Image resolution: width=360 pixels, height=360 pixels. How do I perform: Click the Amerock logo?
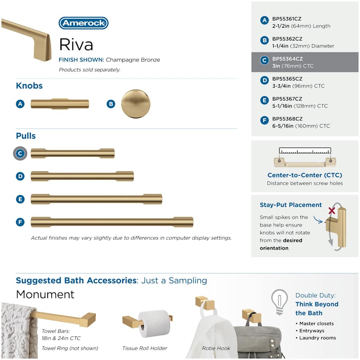[84, 23]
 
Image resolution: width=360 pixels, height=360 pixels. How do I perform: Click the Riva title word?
[76, 44]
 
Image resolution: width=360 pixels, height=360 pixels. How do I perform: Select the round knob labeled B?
[136, 104]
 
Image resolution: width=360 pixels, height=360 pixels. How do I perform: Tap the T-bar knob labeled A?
[60, 104]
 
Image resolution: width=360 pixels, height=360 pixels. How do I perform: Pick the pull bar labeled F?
[112, 222]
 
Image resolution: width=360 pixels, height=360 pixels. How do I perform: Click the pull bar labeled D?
[82, 176]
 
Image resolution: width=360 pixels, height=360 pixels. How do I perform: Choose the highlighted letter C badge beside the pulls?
[20, 153]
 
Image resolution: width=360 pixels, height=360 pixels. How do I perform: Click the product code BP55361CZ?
[287, 19]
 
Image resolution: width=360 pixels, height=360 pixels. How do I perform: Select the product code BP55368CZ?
[287, 119]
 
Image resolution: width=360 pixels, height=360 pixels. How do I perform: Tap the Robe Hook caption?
[216, 348]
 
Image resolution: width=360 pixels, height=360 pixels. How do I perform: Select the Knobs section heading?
[29, 86]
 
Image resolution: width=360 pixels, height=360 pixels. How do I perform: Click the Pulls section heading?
[26, 136]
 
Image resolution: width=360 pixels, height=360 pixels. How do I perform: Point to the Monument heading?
[45, 294]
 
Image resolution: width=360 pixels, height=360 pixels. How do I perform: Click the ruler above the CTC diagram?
[305, 151]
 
